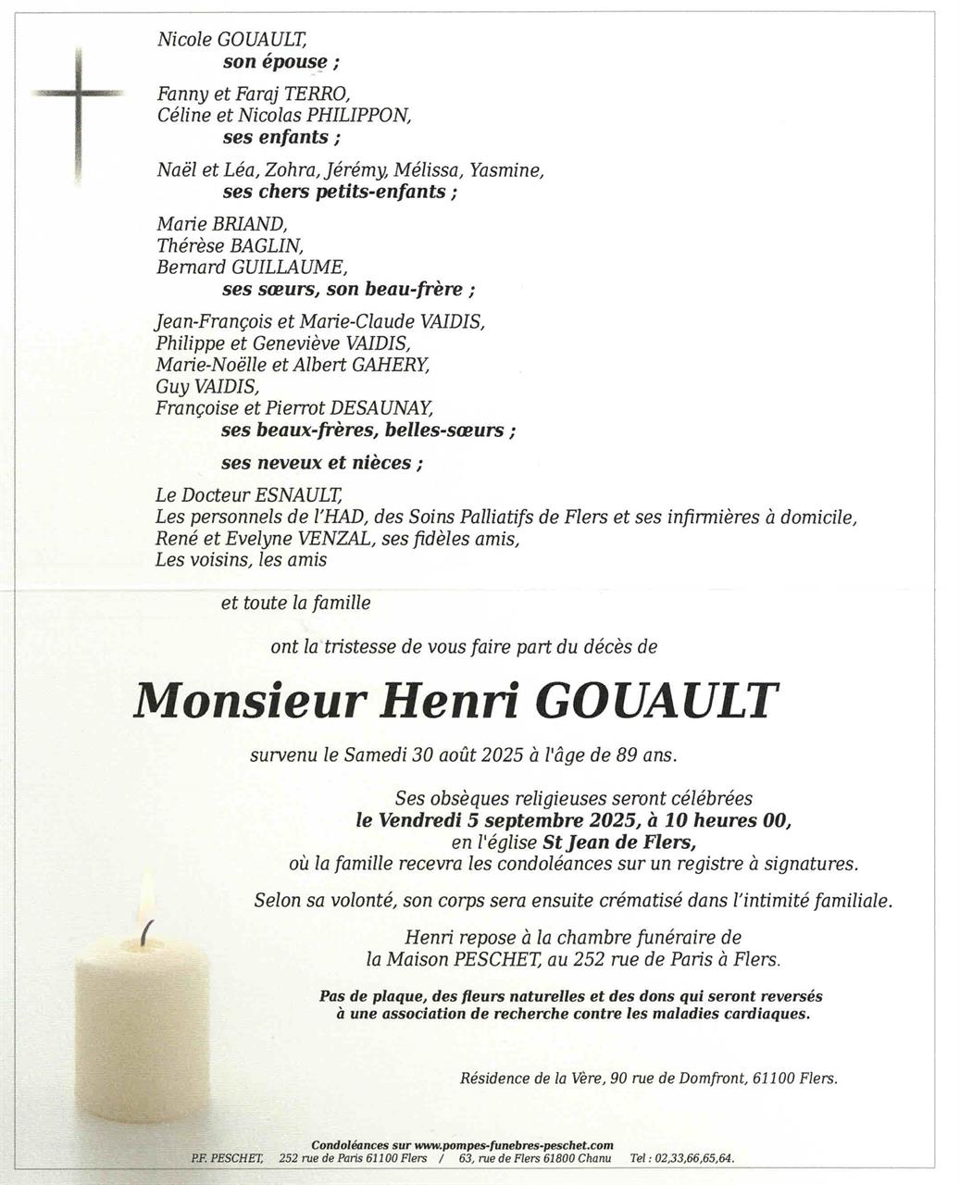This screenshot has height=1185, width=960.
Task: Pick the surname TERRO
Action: tap(318, 94)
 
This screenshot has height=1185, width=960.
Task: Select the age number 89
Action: tap(627, 755)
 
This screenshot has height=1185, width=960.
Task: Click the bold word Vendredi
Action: tap(418, 820)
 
